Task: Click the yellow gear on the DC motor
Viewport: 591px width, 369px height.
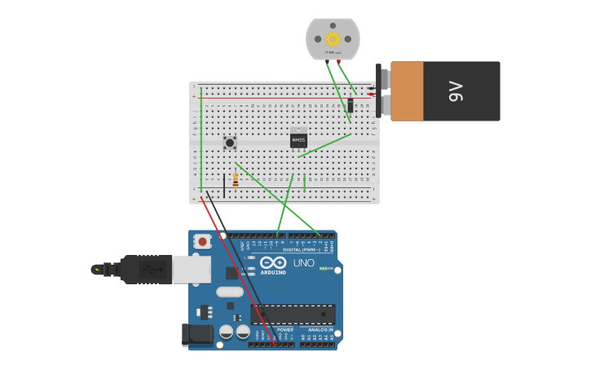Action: [333, 38]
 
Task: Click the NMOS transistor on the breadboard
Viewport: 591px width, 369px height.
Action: [298, 139]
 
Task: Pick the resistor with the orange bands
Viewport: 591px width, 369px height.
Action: [236, 180]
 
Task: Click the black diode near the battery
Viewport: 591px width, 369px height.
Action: [351, 105]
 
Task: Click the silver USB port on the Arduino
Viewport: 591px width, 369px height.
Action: [192, 269]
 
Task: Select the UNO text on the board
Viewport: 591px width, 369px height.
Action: [303, 263]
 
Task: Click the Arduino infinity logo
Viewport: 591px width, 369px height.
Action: [274, 262]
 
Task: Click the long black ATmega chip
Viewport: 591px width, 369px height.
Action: [293, 314]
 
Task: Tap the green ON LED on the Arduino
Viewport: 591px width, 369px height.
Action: [323, 268]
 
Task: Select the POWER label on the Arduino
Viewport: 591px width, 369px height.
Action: [274, 329]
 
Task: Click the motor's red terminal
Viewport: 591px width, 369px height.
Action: [339, 61]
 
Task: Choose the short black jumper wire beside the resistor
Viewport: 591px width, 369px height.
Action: [224, 185]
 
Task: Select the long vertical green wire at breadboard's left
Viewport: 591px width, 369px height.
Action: [201, 138]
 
